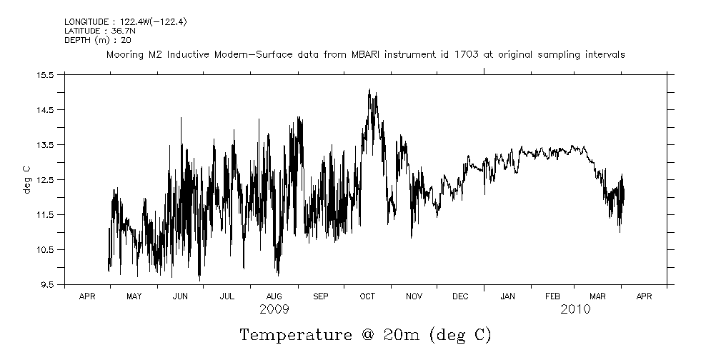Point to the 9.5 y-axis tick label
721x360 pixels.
tap(46, 284)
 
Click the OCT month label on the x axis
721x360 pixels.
tap(367, 296)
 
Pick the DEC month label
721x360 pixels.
tap(460, 296)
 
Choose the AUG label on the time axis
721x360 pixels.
tap(274, 296)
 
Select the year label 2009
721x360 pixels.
tap(274, 309)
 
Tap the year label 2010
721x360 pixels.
tap(575, 309)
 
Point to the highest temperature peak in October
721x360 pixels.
tap(369, 90)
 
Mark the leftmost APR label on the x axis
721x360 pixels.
tap(87, 296)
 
